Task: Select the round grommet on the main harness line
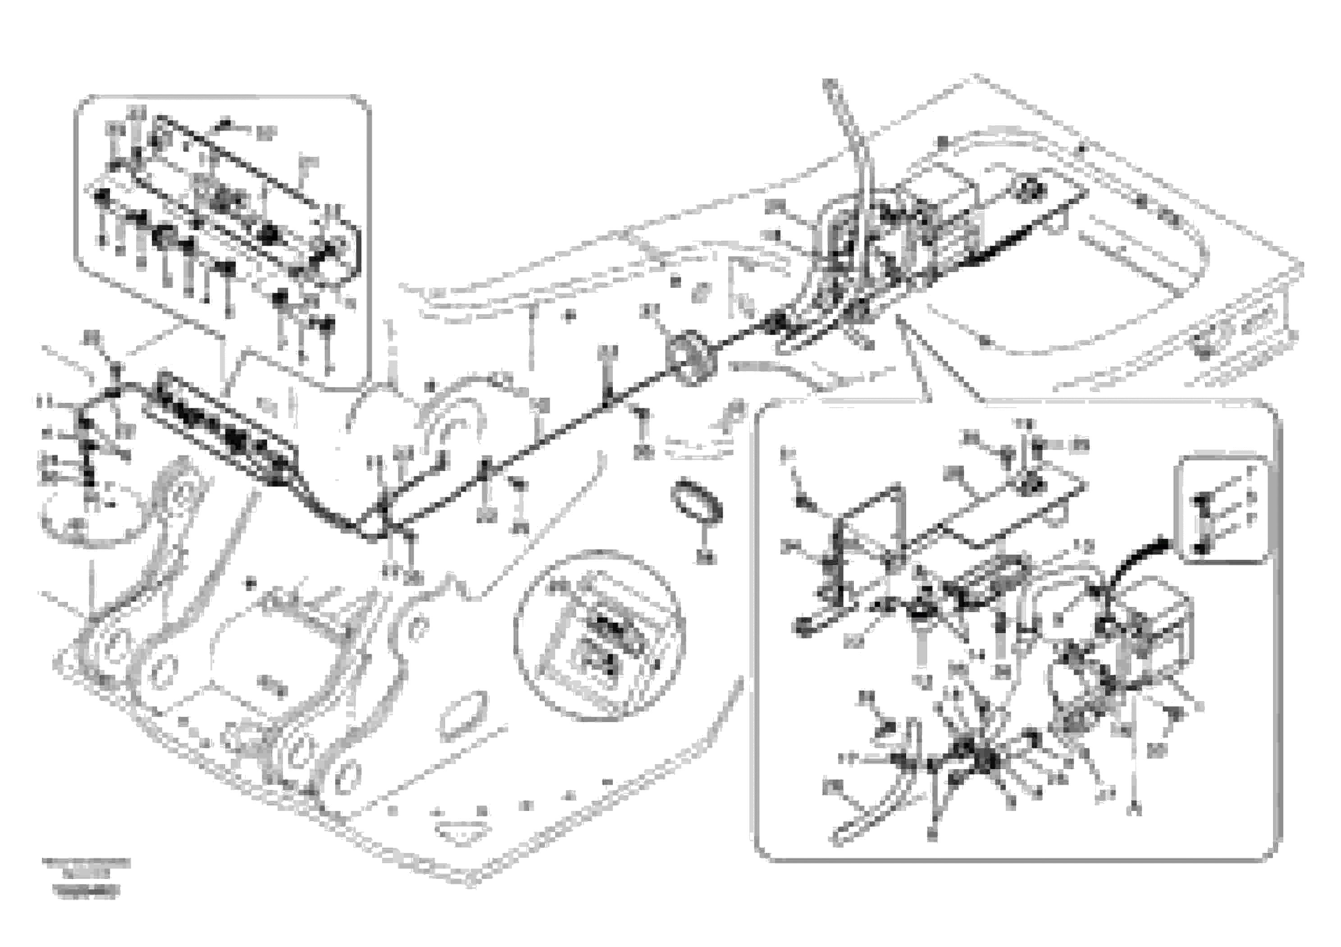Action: coord(691,357)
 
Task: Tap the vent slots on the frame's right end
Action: coord(1223,337)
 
